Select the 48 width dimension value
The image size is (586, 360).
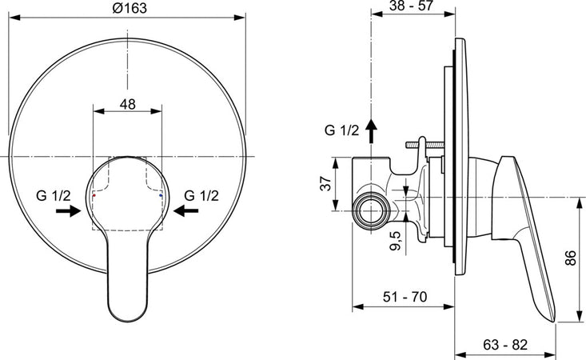click(x=129, y=104)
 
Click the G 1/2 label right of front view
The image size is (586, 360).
click(x=201, y=194)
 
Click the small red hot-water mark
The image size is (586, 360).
click(x=94, y=195)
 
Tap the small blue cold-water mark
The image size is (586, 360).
click(x=161, y=195)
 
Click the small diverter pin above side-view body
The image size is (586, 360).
click(x=424, y=145)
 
